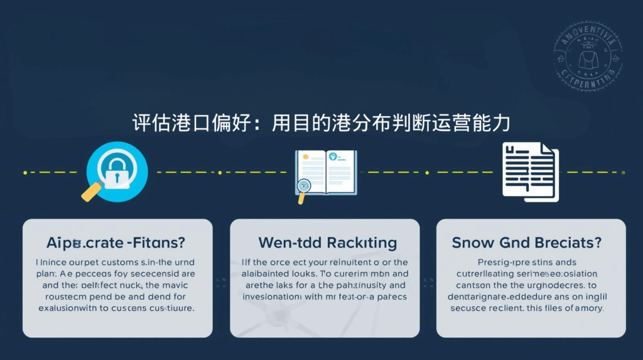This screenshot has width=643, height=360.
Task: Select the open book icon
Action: pyautogui.click(x=326, y=172)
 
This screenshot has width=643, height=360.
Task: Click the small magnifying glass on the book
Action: pyautogui.click(x=305, y=187)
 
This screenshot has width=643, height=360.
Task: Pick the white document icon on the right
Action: pyautogui.click(x=530, y=172)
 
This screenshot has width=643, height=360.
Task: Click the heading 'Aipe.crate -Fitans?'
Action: pyautogui.click(x=117, y=243)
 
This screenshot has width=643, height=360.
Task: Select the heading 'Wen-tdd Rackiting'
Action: pyautogui.click(x=327, y=243)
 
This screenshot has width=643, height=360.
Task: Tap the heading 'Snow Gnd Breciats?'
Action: pyautogui.click(x=527, y=243)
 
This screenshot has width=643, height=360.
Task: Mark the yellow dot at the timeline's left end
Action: pyautogui.click(x=24, y=172)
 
